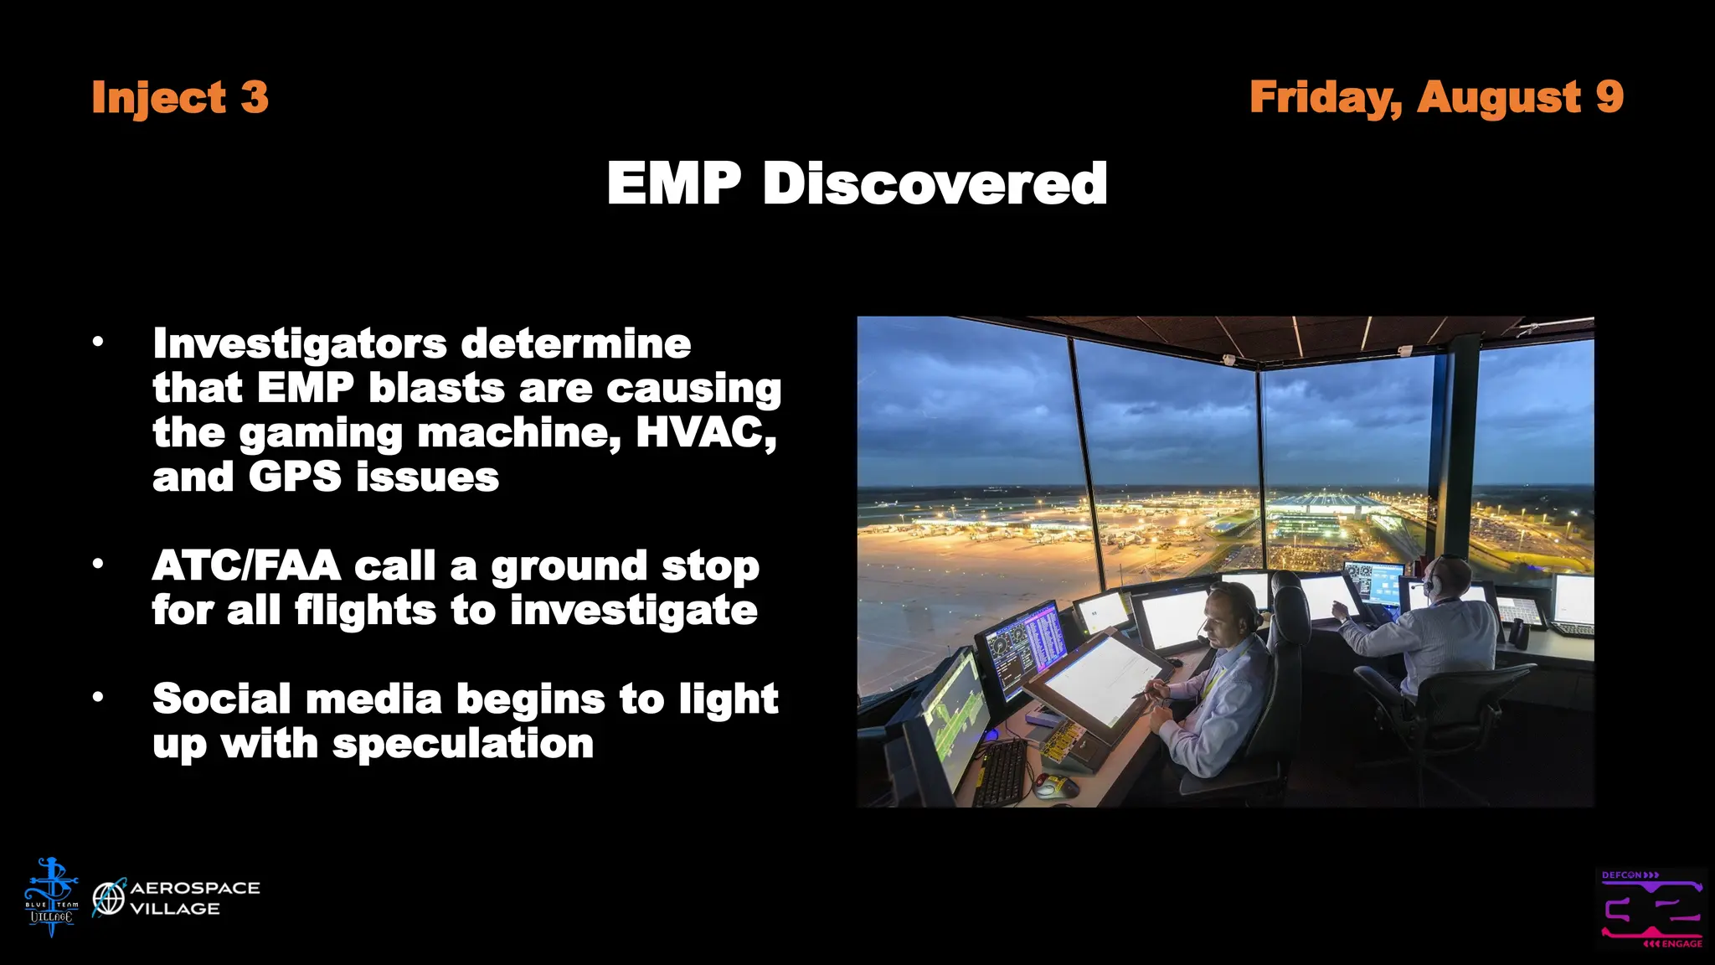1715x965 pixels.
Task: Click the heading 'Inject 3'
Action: pos(180,97)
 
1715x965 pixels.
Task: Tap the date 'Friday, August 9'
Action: pos(1435,97)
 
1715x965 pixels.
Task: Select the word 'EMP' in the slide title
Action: pos(673,183)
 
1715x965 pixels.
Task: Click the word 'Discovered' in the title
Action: pos(935,183)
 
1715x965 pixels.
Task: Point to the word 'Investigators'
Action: pos(300,344)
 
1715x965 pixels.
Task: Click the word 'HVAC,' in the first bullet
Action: pos(706,433)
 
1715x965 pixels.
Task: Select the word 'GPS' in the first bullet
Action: pos(295,477)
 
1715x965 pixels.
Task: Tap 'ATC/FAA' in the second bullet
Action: pos(246,566)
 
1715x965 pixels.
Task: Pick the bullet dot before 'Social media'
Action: pos(98,697)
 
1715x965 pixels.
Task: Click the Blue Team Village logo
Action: pos(51,897)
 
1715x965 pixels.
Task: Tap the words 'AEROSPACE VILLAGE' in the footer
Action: pos(194,898)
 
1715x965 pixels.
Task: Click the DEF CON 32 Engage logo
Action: pos(1651,909)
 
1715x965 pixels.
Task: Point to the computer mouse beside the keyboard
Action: pos(1057,786)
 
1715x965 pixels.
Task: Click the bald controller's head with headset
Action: pos(1448,578)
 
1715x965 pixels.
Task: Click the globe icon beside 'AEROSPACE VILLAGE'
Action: pos(109,899)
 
